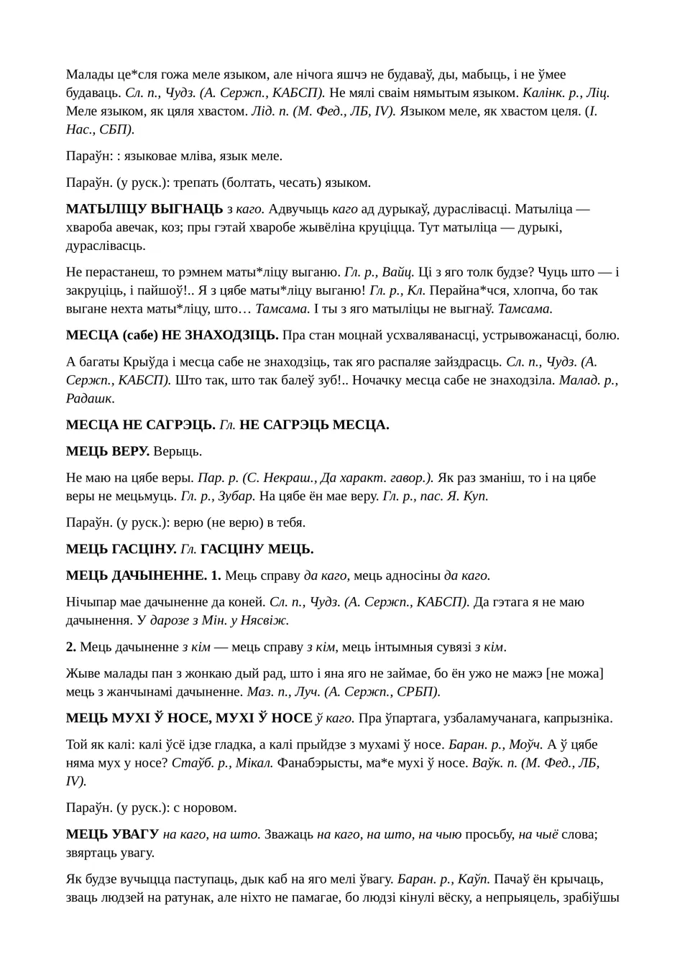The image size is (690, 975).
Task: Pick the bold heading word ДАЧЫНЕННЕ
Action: (x=159, y=576)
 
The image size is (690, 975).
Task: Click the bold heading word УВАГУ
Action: (x=136, y=834)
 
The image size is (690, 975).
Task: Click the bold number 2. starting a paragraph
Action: (x=71, y=647)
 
